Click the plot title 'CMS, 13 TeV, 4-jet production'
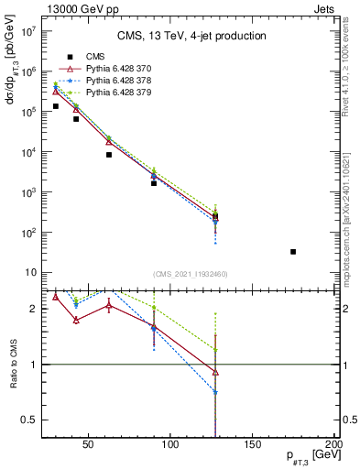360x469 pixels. tap(191, 37)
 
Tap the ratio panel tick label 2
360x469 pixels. tap(34, 310)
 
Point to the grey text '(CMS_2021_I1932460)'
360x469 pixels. tap(191, 274)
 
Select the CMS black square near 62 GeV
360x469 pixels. tap(109, 155)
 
